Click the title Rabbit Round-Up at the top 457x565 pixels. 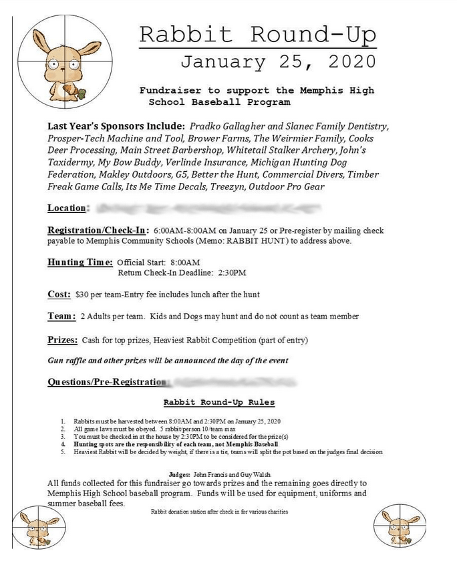coord(257,34)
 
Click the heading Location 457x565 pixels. coord(67,208)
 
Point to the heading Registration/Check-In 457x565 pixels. coord(98,230)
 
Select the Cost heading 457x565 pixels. coord(59,294)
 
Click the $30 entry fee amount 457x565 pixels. coord(83,295)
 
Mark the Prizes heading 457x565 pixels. coord(63,339)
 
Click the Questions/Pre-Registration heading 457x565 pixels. coord(106,382)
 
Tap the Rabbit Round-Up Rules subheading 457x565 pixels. coord(219,402)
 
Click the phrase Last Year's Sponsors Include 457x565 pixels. coord(116,126)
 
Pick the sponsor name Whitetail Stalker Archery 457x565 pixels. coord(284,150)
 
